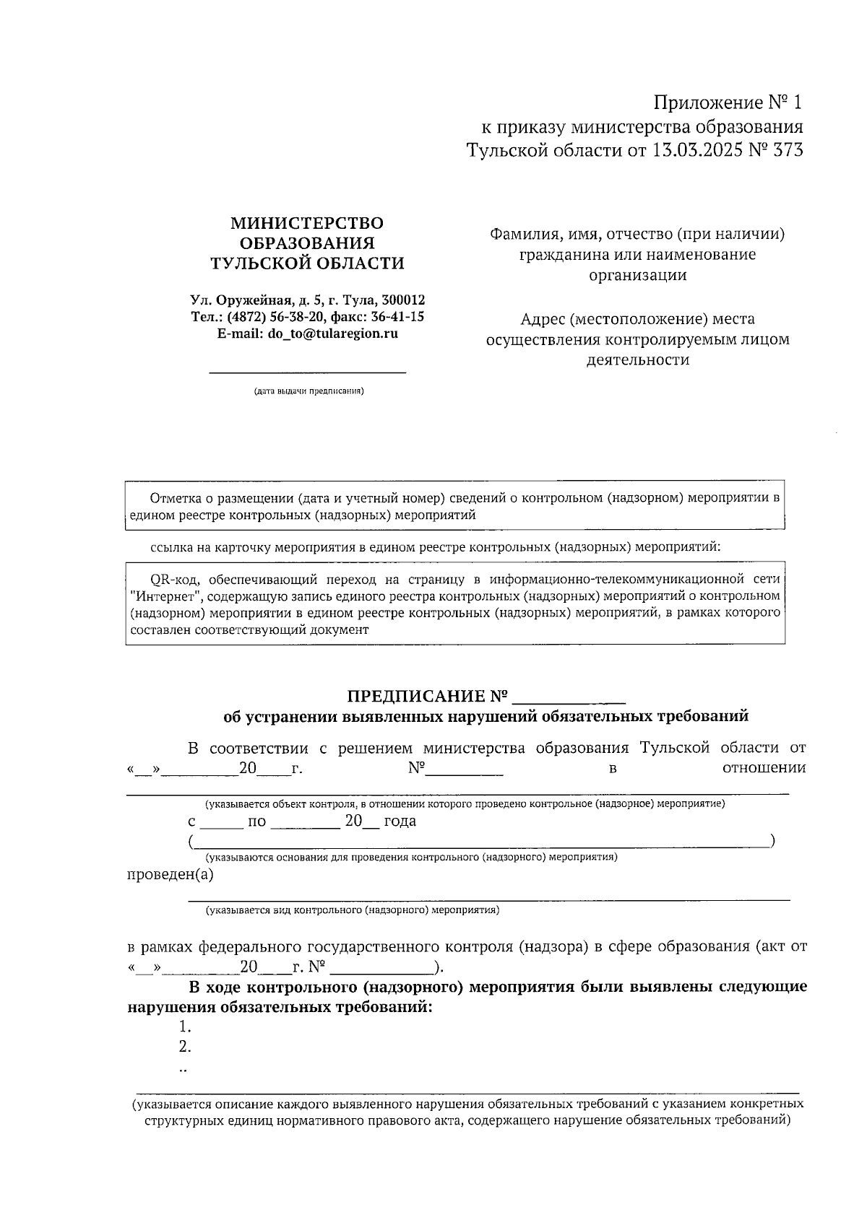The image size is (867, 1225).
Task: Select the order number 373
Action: coord(788,151)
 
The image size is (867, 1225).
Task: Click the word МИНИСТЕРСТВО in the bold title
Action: coord(307,223)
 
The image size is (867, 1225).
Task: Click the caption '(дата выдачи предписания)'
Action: coord(308,391)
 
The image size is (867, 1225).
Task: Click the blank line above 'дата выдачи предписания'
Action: coord(307,371)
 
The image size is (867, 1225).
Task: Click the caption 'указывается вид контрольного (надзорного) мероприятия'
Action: coord(353,910)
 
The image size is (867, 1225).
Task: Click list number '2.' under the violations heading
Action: coord(185,1047)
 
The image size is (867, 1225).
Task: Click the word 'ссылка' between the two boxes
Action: coord(170,546)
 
